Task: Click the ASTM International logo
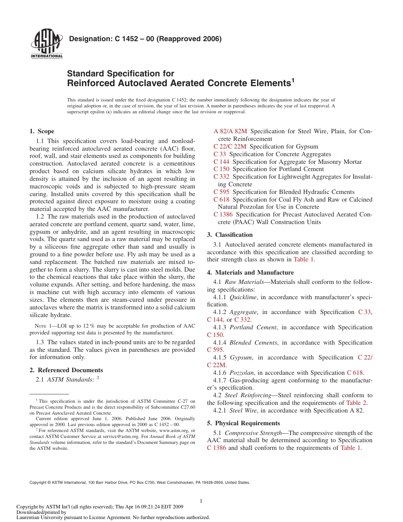tap(47, 44)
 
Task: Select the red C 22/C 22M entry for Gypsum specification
tap(229, 146)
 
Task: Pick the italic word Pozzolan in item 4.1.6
tap(242, 373)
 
